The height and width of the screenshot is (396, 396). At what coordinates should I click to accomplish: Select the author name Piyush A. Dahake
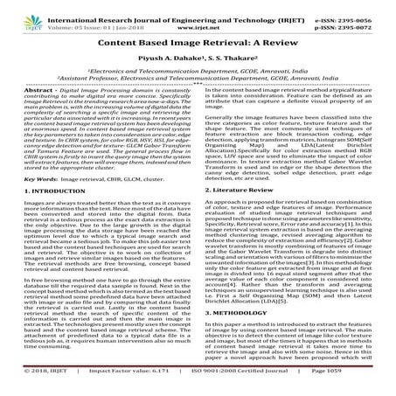174,59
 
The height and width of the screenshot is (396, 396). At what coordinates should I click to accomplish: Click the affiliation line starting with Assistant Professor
198,77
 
